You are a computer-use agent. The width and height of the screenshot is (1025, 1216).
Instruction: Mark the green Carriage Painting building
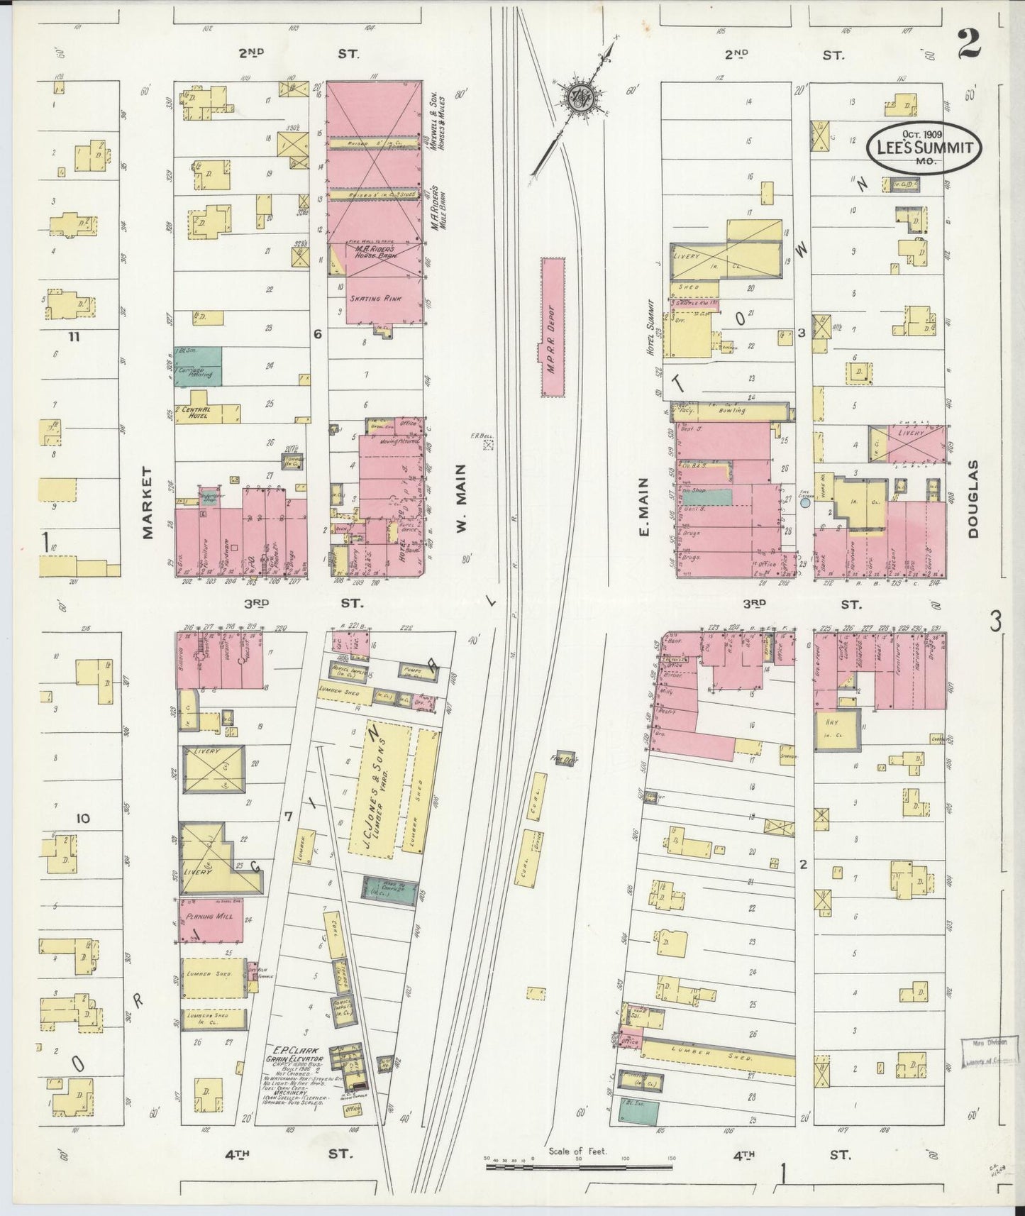point(198,367)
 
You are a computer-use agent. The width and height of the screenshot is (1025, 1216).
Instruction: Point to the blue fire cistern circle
point(805,503)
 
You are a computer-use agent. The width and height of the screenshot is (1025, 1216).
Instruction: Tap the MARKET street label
point(148,502)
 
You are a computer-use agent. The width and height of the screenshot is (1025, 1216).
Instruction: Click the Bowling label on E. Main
point(731,410)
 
